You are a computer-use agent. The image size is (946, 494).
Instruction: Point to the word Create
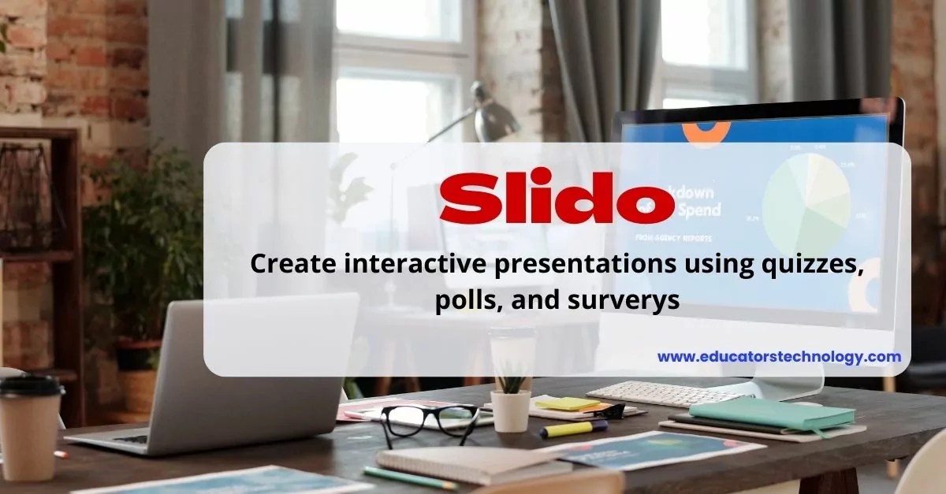(290, 266)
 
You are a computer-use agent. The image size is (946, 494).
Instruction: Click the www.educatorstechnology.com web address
(779, 357)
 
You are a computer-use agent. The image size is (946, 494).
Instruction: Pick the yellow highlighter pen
(573, 429)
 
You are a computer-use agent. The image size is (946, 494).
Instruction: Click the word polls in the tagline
(463, 300)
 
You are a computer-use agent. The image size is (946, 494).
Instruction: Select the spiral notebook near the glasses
(473, 462)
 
